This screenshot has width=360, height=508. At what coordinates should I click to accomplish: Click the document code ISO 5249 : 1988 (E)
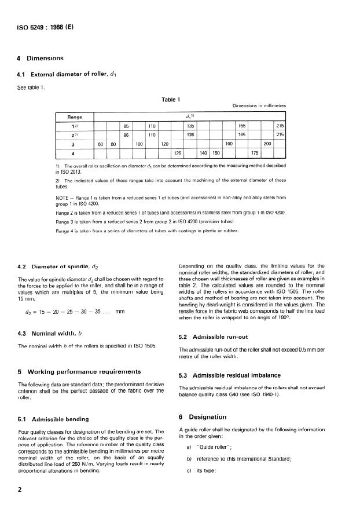38,27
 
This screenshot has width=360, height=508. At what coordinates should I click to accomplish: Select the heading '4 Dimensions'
41,59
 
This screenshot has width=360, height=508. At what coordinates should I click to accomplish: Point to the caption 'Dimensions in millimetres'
259,106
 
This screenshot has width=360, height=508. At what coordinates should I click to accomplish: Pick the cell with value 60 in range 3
100,144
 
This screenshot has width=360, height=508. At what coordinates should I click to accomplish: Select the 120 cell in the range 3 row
164,144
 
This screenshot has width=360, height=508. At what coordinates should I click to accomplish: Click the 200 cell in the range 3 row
267,144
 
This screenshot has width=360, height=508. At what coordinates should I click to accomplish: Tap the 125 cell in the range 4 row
178,153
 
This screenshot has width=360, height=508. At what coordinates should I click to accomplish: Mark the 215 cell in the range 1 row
280,125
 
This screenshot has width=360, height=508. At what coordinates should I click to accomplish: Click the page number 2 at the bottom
21,489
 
